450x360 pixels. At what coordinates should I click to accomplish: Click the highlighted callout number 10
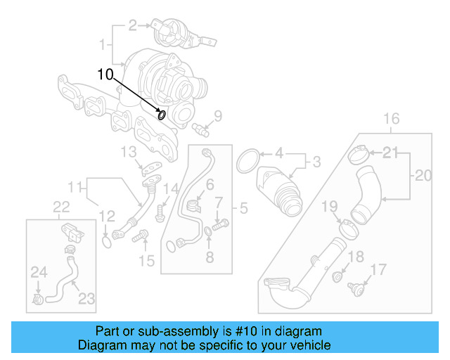104,74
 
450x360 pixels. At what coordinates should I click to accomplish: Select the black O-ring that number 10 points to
162,115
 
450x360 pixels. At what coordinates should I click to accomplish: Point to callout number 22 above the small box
62,206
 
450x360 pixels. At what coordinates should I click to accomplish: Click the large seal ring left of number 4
247,161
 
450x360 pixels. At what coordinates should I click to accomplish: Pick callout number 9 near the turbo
218,115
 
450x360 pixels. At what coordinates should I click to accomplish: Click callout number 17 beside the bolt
378,269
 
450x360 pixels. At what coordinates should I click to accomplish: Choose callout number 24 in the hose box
37,271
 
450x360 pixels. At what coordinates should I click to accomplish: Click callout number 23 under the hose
86,298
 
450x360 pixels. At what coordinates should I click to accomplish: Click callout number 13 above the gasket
127,152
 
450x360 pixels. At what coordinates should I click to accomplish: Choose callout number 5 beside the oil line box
243,207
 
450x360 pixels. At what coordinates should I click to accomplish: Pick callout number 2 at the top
133,26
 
